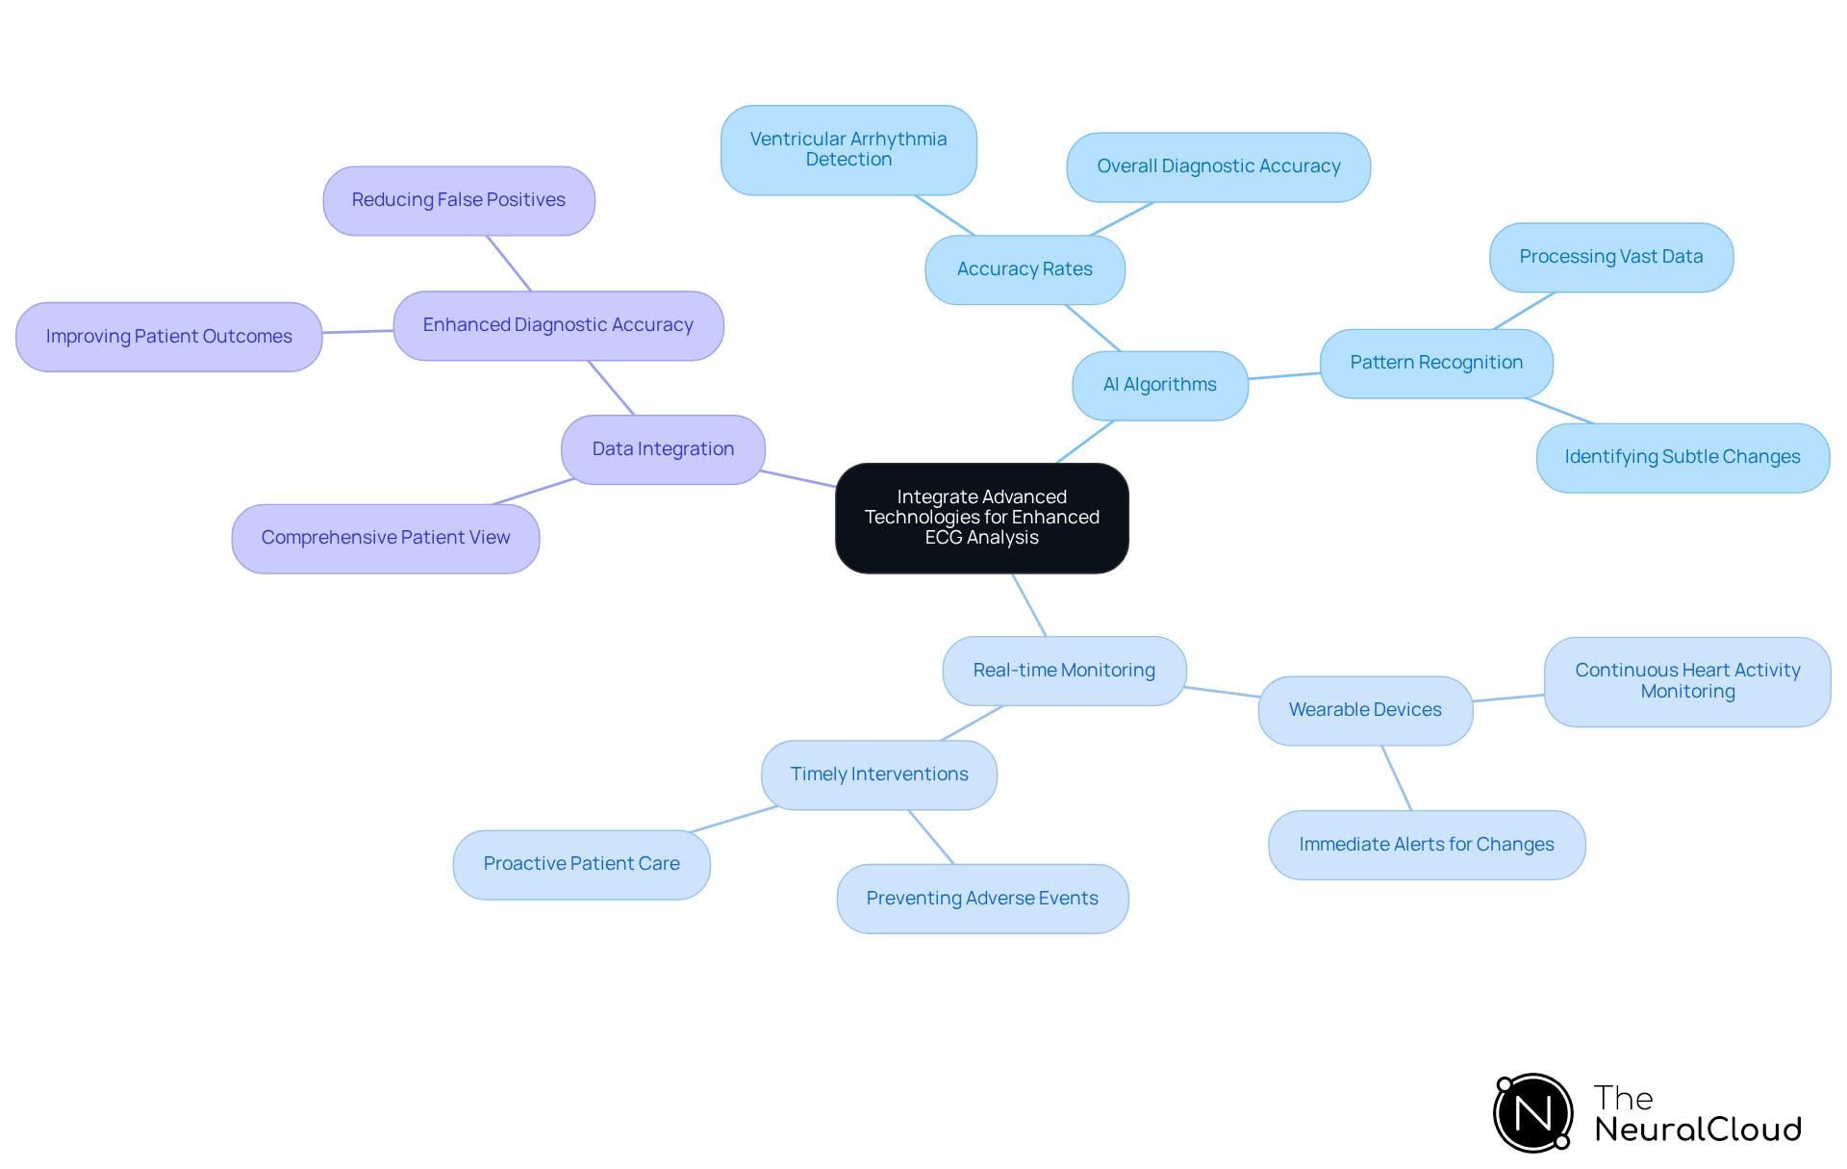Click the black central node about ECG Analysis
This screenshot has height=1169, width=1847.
point(981,518)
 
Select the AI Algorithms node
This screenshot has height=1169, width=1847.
point(1159,385)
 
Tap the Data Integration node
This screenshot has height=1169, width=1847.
point(663,449)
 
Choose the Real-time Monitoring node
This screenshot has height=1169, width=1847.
point(1064,671)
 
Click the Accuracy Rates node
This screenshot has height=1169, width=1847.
point(1025,269)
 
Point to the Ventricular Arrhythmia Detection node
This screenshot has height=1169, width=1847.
point(848,150)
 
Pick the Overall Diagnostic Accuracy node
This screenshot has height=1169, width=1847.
point(1218,166)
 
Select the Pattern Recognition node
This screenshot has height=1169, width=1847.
point(1435,363)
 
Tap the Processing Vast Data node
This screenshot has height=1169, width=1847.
point(1610,257)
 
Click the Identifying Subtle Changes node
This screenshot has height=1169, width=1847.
point(1682,457)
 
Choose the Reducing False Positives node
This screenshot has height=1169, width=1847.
point(458,200)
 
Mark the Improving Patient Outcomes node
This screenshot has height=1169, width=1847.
point(168,337)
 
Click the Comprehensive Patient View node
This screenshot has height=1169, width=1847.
point(385,538)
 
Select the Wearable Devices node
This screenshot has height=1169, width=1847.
point(1364,710)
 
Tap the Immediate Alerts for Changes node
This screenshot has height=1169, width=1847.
point(1426,845)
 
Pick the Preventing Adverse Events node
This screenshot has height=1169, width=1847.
point(981,899)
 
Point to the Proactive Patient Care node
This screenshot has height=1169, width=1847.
point(581,864)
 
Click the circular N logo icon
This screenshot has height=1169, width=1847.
point(1532,1113)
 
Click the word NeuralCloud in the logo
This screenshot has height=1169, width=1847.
point(1697,1130)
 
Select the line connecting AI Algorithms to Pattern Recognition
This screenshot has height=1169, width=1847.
point(1284,376)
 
